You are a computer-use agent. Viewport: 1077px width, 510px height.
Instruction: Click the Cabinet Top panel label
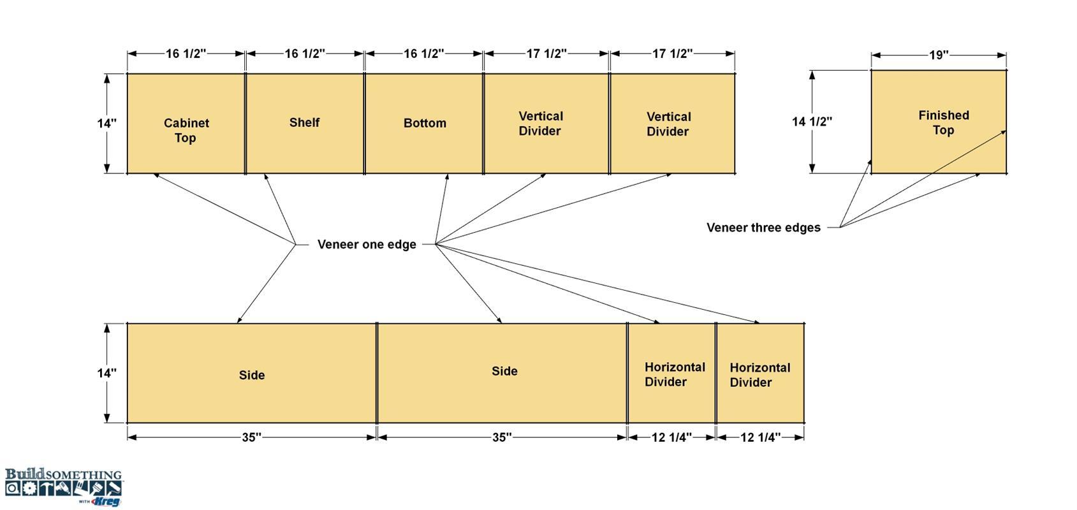(186, 130)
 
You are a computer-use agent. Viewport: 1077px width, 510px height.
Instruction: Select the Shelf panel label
(304, 122)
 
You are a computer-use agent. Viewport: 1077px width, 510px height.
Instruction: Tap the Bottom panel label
(425, 123)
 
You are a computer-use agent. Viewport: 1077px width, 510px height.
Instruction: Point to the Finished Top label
(944, 122)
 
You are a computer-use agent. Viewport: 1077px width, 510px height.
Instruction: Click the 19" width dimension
(939, 55)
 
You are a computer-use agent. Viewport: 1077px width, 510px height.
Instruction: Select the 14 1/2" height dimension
(812, 122)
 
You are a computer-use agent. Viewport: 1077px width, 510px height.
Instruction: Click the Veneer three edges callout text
(763, 228)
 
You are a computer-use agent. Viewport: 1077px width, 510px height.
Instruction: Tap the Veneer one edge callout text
(367, 244)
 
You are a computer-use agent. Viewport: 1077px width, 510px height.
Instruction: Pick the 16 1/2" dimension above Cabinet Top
(186, 54)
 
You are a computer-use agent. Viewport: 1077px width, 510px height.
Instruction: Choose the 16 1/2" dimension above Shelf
(305, 54)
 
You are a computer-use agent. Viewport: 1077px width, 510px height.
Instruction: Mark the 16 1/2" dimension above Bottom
(423, 54)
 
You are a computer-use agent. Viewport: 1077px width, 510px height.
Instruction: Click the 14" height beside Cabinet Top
(106, 124)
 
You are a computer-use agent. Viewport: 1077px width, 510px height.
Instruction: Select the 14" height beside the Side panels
(106, 373)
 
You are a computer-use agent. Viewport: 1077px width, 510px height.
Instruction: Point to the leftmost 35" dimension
(251, 437)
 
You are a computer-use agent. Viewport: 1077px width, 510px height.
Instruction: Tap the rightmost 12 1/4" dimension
(760, 437)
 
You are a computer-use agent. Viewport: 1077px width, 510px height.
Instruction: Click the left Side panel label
(252, 375)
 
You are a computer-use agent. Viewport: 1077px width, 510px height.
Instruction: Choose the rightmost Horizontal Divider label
(759, 375)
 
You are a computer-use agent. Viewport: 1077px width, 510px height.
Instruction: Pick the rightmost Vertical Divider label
(668, 124)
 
